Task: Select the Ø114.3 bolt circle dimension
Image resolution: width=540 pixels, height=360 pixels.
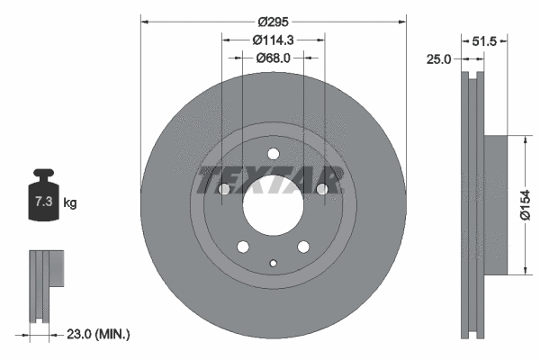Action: [274, 39]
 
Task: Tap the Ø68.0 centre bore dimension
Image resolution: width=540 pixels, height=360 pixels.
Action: [274, 58]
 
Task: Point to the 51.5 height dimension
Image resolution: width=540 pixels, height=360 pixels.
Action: [485, 40]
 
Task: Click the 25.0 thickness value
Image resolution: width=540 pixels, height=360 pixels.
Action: [438, 59]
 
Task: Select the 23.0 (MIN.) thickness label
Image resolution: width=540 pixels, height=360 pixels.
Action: [99, 334]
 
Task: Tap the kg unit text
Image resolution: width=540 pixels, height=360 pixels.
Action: [70, 203]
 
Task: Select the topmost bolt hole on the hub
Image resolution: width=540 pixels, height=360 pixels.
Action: [274, 153]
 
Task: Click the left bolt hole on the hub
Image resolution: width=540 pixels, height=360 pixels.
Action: [224, 189]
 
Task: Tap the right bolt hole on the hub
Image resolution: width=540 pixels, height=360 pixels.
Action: [322, 189]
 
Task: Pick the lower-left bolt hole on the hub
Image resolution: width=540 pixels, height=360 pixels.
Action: [243, 247]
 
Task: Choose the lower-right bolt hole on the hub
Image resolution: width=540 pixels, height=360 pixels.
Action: [304, 247]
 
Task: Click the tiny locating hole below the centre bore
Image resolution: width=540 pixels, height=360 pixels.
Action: [274, 263]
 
